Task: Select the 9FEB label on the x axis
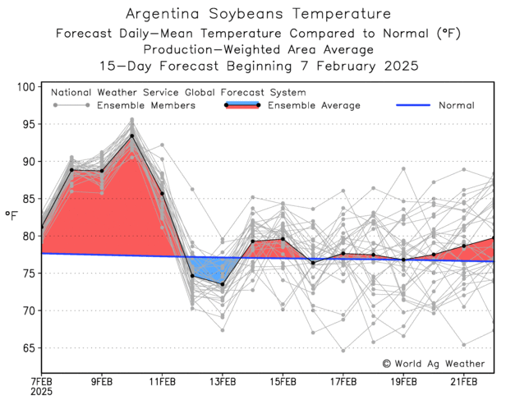coord(102,382)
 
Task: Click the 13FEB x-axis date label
coord(223,382)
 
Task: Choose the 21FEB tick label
coord(464,382)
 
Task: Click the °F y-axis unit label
coord(11,216)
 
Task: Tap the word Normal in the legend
coord(458,106)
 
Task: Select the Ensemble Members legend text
coord(146,106)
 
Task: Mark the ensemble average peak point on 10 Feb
coord(131,136)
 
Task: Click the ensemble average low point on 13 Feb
coord(223,284)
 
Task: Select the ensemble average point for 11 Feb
coord(162,193)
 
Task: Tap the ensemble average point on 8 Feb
coord(71,170)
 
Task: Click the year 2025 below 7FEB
coord(42,393)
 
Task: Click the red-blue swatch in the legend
coord(243,106)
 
